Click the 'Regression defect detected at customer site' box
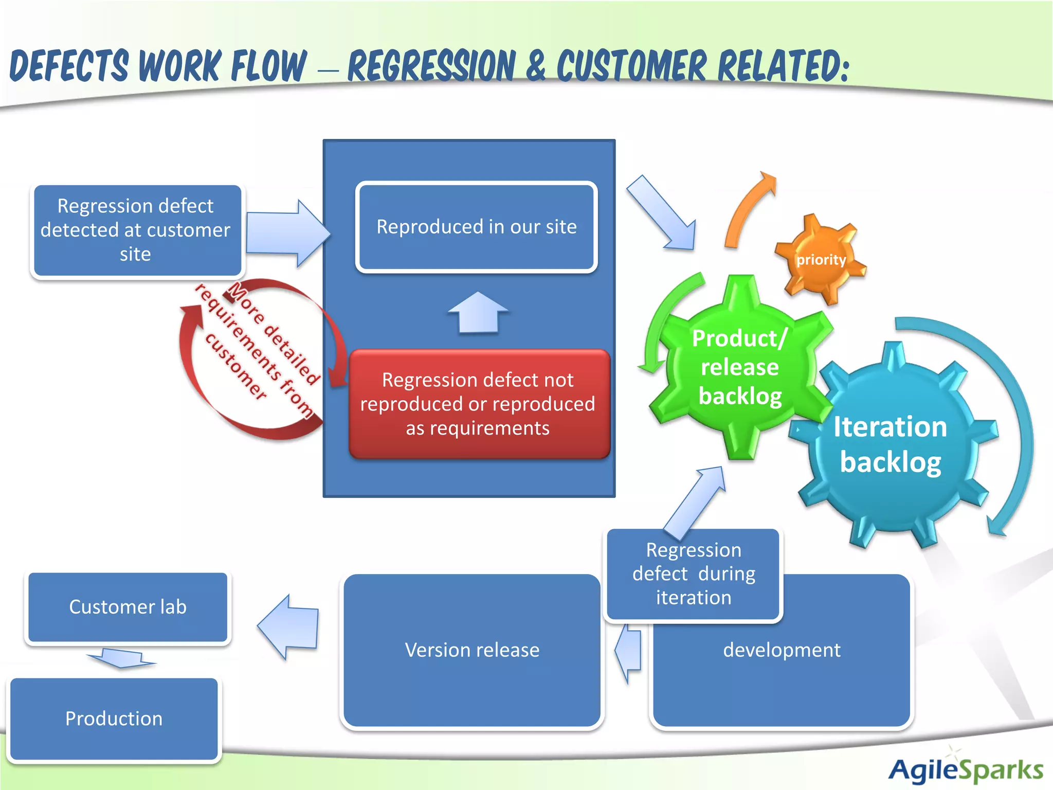tap(136, 230)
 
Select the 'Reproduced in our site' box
tap(476, 227)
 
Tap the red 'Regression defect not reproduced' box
tap(478, 404)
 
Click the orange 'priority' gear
tap(821, 259)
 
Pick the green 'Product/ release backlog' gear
tap(739, 367)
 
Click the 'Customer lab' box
tap(128, 607)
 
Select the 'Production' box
tap(114, 719)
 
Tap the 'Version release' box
tap(472, 650)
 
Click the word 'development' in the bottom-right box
tap(782, 650)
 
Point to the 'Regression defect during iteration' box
tap(693, 574)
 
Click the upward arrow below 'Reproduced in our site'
tap(478, 312)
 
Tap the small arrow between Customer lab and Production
tap(121, 658)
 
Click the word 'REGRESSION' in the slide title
tap(431, 66)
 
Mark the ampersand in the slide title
tap(536, 66)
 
